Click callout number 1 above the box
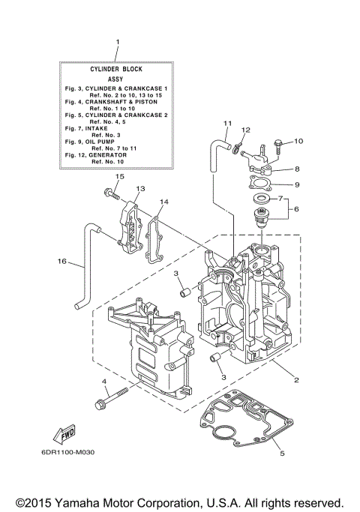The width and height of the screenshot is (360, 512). coord(117,41)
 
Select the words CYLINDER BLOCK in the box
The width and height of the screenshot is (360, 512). coord(116,67)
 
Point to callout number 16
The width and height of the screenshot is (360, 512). coord(62,262)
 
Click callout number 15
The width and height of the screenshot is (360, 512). coord(118,176)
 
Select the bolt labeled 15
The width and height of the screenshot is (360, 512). coord(110,195)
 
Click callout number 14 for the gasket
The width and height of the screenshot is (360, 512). coord(164,202)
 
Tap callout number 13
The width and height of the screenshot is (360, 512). coord(139,189)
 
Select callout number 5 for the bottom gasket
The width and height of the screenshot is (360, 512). coord(282,453)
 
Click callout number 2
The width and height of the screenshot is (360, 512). coord(296,380)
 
